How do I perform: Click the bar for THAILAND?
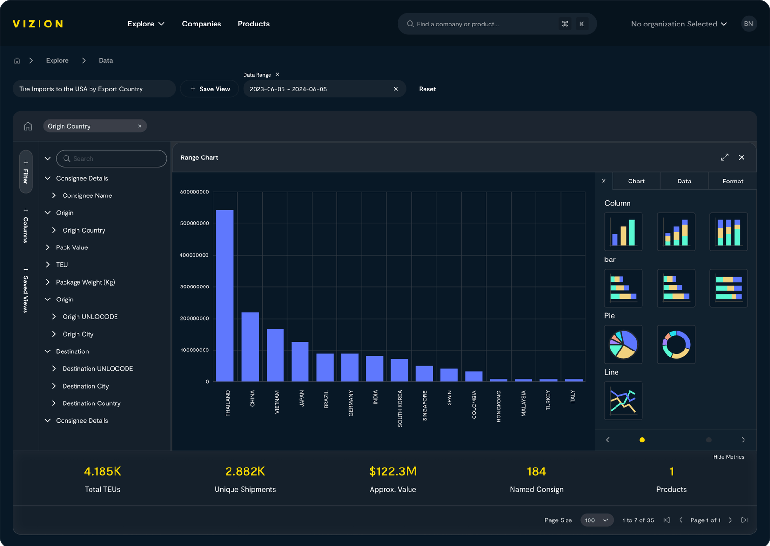[225, 296]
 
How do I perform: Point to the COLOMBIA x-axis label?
[474, 404]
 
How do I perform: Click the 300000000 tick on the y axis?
[194, 287]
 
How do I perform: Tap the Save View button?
[210, 89]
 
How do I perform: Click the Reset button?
[427, 89]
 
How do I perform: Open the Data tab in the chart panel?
[684, 182]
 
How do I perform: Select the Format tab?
[732, 182]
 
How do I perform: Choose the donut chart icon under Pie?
[676, 344]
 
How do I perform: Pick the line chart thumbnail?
[623, 401]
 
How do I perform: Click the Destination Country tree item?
[91, 403]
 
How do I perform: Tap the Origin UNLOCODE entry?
[90, 317]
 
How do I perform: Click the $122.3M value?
[393, 471]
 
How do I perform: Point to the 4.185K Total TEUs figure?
[103, 471]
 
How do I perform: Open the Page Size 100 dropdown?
[597, 520]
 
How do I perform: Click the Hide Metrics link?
[728, 457]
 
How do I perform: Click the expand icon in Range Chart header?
[724, 157]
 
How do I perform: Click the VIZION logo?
[38, 24]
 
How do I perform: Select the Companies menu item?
[201, 24]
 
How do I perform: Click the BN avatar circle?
[748, 24]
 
